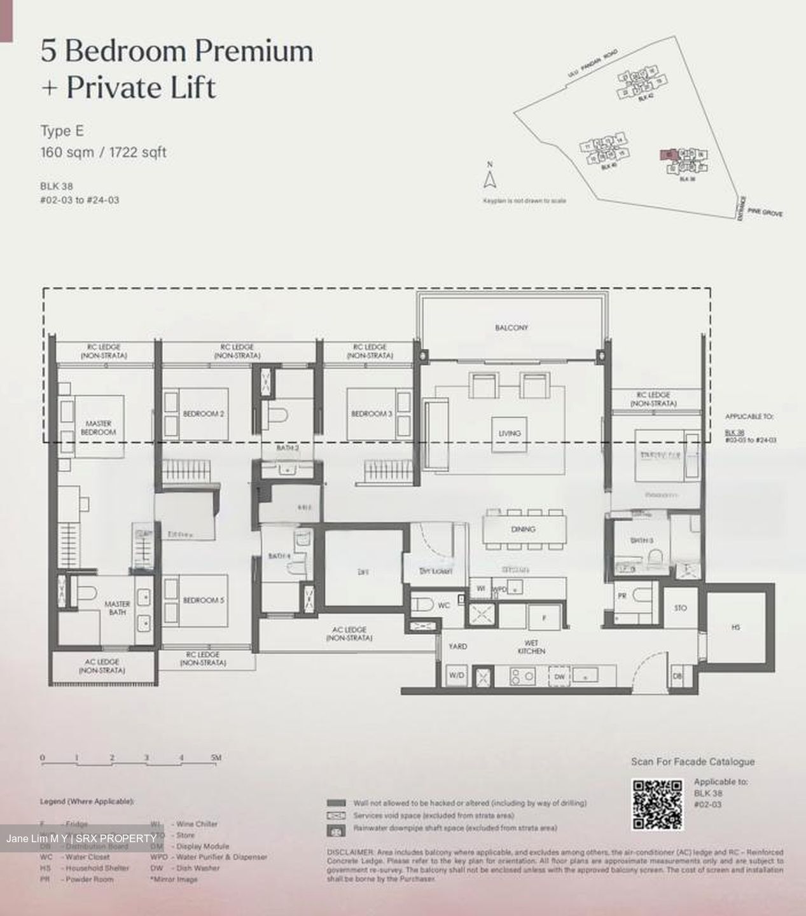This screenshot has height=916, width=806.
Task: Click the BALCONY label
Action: pos(511,328)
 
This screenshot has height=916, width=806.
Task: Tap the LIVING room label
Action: pos(509,433)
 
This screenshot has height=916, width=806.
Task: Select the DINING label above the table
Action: pos(523,529)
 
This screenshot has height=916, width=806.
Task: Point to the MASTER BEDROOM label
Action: pos(98,427)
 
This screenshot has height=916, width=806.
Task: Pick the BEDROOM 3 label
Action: pos(372,414)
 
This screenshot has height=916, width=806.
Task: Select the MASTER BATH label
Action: pos(117,608)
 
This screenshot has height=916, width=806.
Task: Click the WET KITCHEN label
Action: pos(531,647)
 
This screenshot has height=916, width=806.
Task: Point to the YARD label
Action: pos(457,646)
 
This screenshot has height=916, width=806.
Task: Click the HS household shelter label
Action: pos(736,627)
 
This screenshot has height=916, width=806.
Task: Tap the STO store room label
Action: pos(680,608)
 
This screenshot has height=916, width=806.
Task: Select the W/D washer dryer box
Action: pos(456,676)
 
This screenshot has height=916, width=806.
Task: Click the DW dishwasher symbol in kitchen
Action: pos(559,677)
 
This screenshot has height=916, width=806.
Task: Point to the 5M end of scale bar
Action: pos(216,758)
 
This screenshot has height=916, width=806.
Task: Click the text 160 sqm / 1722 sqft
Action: pos(104,153)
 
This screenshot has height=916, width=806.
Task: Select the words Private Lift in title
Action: pos(141,88)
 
